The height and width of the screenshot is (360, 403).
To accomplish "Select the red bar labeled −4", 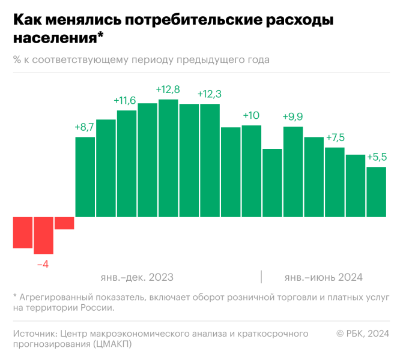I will [43, 235].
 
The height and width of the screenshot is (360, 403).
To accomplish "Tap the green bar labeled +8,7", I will [85, 177].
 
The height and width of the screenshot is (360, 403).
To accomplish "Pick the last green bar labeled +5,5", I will [376, 192].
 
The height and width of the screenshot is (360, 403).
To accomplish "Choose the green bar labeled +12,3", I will [210, 160].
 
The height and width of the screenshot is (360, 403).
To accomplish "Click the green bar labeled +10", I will [251, 171].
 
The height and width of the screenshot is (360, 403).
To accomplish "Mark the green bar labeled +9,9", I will [293, 172].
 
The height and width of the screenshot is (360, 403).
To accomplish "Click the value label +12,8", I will [168, 89].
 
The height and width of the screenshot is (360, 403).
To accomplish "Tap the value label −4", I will [43, 263].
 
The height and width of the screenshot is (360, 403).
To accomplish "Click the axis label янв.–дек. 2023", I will [138, 277].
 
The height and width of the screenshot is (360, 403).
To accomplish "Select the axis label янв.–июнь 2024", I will [323, 277].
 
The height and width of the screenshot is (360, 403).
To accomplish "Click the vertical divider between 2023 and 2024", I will [261, 277].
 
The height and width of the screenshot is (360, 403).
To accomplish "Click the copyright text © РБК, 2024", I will [363, 334].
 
